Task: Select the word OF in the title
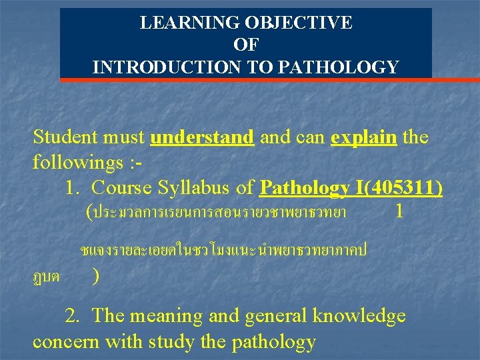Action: pyautogui.click(x=246, y=45)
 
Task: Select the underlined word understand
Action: pyautogui.click(x=203, y=138)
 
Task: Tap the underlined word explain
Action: pyautogui.click(x=364, y=138)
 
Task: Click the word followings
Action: pyautogui.click(x=77, y=163)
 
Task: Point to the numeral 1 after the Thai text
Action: pyautogui.click(x=399, y=212)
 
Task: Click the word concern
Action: pyautogui.click(x=67, y=342)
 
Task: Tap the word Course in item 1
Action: pyautogui.click(x=122, y=189)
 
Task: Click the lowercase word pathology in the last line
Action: pyautogui.click(x=272, y=342)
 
